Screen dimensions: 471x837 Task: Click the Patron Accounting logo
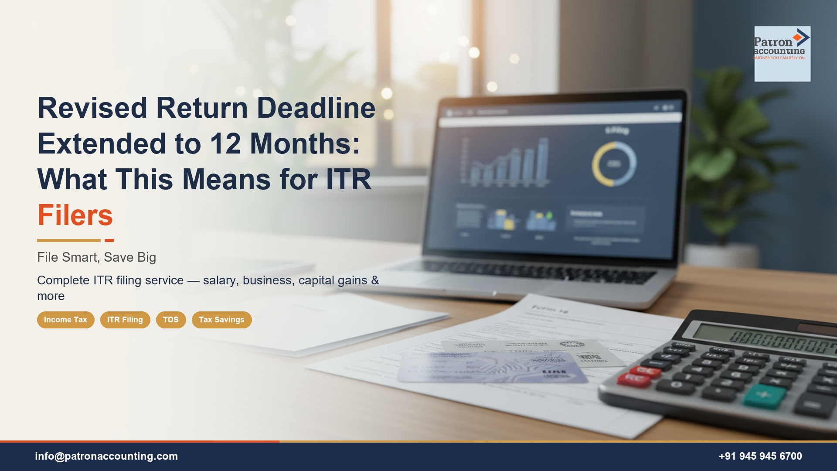tap(782, 53)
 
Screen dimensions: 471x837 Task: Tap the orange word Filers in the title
tap(75, 215)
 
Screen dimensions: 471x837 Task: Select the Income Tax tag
tap(65, 320)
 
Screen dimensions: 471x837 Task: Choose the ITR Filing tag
tap(125, 320)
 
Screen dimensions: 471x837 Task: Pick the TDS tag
tap(171, 320)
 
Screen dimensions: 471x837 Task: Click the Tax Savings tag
tap(221, 320)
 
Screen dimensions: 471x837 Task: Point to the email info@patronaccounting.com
tap(106, 456)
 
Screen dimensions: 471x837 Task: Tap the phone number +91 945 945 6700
tap(760, 456)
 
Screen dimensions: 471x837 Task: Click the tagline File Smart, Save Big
tap(96, 257)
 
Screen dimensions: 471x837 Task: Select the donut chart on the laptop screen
tap(614, 164)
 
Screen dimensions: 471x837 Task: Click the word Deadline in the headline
tap(316, 108)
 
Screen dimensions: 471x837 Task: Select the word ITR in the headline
tap(348, 179)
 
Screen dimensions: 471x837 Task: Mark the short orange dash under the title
tap(109, 240)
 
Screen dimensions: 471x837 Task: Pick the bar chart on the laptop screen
tap(506, 161)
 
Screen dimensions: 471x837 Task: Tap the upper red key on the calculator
tap(645, 371)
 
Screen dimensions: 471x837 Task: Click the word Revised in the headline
tap(92, 108)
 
